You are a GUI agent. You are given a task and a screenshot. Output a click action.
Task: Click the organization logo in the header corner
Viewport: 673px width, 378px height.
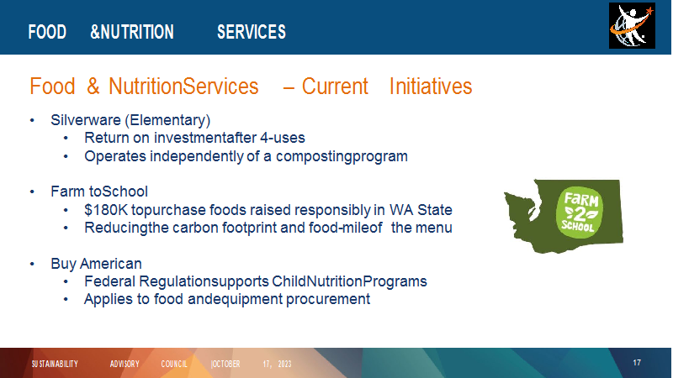click(x=632, y=26)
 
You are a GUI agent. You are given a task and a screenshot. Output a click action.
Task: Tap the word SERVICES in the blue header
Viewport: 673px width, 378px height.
click(x=251, y=32)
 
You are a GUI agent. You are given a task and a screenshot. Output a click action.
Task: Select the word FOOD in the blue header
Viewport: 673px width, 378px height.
click(x=47, y=32)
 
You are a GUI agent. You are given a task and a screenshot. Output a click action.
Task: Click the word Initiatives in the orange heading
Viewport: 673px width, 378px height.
click(x=431, y=87)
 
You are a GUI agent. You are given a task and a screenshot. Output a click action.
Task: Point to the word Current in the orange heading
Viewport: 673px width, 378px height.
click(x=335, y=87)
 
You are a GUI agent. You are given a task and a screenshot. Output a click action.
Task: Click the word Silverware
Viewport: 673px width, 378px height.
click(x=86, y=120)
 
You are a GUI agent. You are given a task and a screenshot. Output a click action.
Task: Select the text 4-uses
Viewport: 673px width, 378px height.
click(x=283, y=138)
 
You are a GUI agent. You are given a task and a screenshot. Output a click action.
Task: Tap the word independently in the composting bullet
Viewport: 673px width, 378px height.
click(x=197, y=156)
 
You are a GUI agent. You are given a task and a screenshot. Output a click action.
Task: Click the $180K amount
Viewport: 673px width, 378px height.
click(x=106, y=210)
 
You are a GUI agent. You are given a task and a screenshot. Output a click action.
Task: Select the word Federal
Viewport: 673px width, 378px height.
click(x=109, y=281)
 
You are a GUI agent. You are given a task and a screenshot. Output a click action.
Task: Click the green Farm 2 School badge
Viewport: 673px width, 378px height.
click(x=579, y=213)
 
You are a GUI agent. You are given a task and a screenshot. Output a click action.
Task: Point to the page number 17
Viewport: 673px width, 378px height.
click(x=637, y=363)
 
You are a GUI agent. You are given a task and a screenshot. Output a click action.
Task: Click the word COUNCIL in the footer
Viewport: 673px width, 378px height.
click(x=174, y=364)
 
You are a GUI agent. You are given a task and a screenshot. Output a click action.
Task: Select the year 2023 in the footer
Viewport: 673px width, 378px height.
click(x=284, y=364)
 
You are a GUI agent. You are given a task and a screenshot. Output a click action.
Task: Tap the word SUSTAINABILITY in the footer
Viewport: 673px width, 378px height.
click(x=55, y=364)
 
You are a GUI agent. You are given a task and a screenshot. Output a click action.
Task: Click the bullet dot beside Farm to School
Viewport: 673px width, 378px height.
click(x=32, y=192)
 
